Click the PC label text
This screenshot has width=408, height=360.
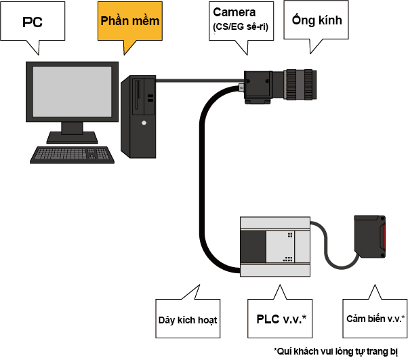(x=33, y=22)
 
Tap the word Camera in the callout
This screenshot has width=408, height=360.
(x=234, y=12)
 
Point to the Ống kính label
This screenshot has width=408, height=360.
(x=317, y=20)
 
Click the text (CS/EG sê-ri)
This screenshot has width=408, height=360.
(x=241, y=26)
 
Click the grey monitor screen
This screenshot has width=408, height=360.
(x=72, y=92)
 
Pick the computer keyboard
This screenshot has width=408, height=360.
(x=72, y=155)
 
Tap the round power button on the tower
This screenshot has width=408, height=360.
(x=144, y=123)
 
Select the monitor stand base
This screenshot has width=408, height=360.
(x=72, y=138)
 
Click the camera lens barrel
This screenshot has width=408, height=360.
(x=300, y=85)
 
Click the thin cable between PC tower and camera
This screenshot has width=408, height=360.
(x=200, y=81)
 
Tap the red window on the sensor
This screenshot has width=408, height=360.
(x=383, y=237)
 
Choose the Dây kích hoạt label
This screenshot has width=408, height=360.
(x=188, y=320)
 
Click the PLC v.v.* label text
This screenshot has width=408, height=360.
(x=281, y=319)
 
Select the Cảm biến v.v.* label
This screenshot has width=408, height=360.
(x=375, y=319)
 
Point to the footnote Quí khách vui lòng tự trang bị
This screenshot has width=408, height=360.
(x=335, y=351)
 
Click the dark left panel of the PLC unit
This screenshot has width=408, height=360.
(x=253, y=247)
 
